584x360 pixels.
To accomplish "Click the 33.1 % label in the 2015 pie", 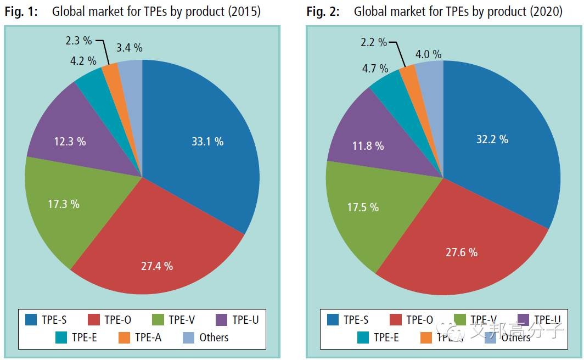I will point(207,142).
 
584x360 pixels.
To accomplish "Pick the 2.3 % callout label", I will point(78,40).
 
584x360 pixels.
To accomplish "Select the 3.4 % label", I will point(130,48).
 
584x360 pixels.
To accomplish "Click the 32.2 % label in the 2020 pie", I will point(492,139).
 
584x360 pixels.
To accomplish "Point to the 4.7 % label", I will point(375,69).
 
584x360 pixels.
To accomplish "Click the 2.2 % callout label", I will point(374,42).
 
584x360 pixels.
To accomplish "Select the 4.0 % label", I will point(428,54).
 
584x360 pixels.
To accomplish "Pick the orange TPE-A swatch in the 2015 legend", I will point(125,337).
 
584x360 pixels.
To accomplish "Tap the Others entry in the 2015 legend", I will point(214,337).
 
